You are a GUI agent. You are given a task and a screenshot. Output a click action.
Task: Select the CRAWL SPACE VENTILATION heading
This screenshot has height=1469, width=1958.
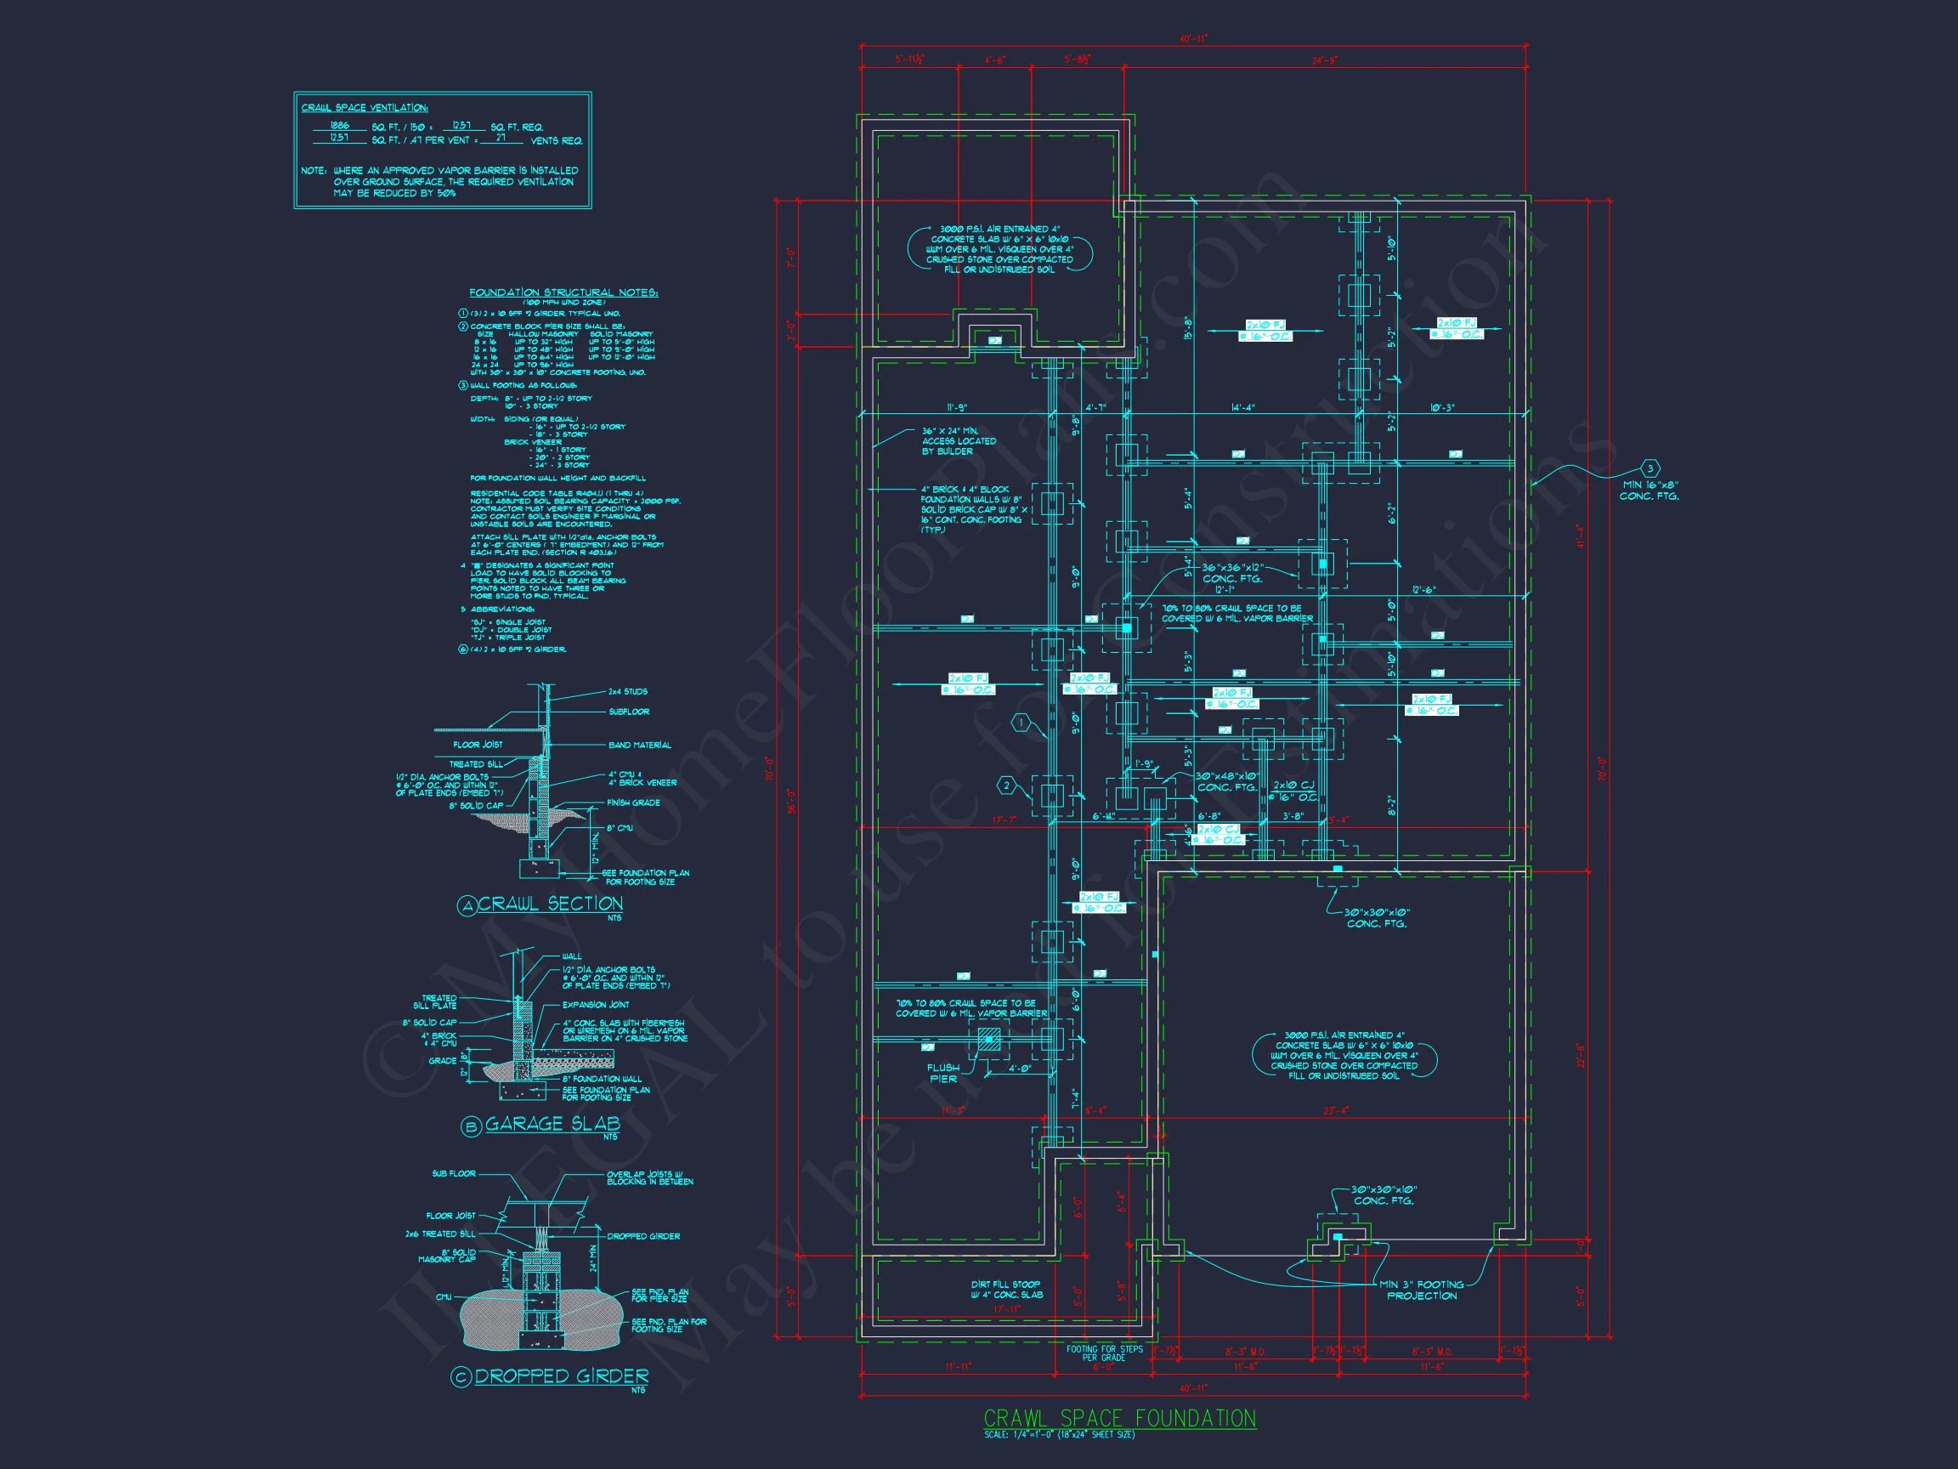[365, 108]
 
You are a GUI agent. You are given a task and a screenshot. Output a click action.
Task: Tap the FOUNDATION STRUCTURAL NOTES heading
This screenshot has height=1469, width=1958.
[563, 292]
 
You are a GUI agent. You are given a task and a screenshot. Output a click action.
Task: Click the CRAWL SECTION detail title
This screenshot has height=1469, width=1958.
[550, 904]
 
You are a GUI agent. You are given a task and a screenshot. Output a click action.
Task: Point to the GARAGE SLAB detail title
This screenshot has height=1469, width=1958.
[552, 1124]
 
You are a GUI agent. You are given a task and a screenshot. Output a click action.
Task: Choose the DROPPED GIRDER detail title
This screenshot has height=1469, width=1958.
[561, 1376]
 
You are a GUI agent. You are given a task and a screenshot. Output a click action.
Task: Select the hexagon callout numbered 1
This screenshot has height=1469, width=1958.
[1021, 723]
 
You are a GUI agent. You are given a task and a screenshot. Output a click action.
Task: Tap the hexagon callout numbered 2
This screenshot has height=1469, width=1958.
[1005, 785]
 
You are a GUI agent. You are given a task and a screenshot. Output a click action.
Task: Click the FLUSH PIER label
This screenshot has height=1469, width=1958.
[943, 1072]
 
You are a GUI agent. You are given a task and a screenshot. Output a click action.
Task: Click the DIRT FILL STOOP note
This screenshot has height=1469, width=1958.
[1006, 1290]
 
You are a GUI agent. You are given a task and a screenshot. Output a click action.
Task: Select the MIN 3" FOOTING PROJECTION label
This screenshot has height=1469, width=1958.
[1421, 1290]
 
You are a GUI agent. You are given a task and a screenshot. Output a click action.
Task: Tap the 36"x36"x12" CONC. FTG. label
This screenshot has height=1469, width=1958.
[1231, 573]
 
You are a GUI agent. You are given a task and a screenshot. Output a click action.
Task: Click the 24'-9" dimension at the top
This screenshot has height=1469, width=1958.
[1325, 60]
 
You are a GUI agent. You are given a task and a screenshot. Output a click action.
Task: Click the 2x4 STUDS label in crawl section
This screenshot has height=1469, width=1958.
[627, 691]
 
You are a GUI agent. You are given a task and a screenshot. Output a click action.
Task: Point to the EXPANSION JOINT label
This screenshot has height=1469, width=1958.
[596, 1005]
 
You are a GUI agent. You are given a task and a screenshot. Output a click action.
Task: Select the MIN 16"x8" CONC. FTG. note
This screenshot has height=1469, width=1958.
[1648, 490]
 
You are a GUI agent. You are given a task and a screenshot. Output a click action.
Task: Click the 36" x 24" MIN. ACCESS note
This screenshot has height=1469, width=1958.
[959, 441]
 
